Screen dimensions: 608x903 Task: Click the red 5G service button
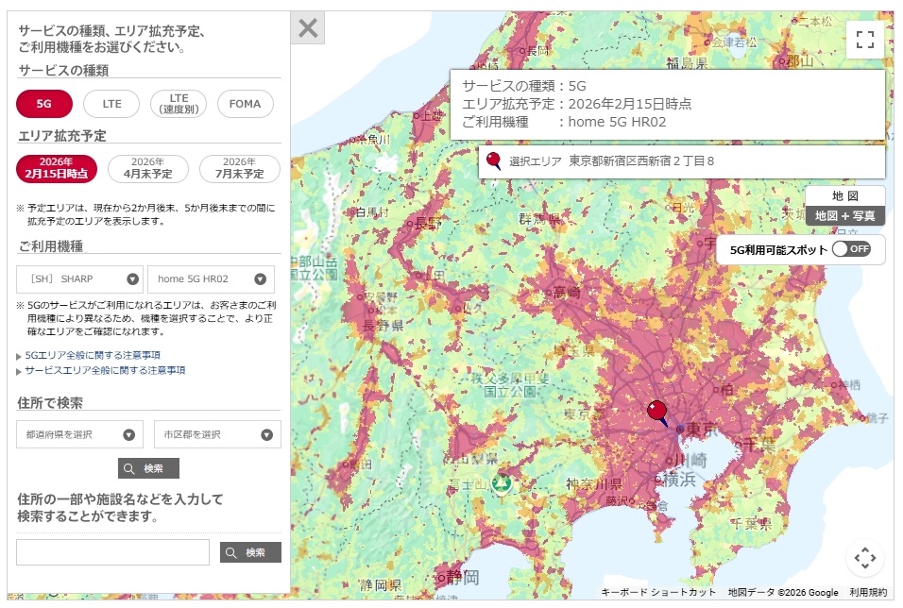click(44, 104)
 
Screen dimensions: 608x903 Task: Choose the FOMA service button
click(246, 104)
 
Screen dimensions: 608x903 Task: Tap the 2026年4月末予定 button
click(148, 168)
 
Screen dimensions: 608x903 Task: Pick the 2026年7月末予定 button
click(240, 168)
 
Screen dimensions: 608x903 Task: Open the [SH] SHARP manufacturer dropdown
click(80, 279)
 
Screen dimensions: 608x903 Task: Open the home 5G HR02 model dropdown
click(211, 279)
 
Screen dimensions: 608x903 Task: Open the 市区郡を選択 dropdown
click(217, 434)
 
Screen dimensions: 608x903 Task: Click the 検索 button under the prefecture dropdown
click(149, 468)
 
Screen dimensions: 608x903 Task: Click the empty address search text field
click(113, 552)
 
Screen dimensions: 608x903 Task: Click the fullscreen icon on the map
click(864, 40)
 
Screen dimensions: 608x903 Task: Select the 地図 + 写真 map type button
click(844, 216)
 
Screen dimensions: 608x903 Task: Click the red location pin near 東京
click(657, 412)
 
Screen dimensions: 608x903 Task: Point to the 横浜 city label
click(681, 479)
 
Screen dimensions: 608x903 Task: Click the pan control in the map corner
click(864, 557)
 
